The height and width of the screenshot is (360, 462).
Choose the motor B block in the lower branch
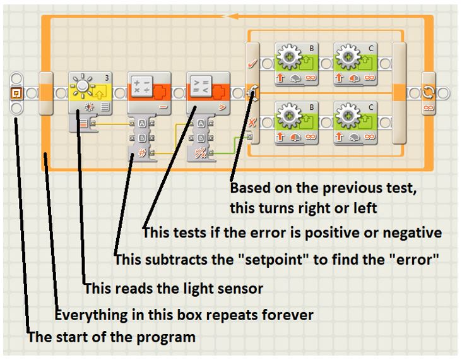click(295, 123)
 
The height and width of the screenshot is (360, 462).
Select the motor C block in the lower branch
click(354, 123)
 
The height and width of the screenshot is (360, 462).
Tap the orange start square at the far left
click(17, 93)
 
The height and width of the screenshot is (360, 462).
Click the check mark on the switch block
click(252, 64)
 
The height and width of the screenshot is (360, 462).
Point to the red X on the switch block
click(252, 123)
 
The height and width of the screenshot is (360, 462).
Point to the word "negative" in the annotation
click(412, 232)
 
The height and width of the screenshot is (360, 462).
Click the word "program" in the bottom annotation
click(171, 337)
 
